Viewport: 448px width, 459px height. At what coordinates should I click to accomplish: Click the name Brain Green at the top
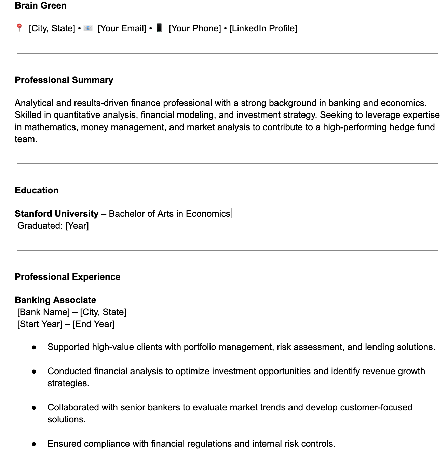(x=41, y=5)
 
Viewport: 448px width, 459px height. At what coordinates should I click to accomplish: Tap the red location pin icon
(x=19, y=28)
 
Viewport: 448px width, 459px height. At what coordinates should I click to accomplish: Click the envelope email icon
(x=88, y=28)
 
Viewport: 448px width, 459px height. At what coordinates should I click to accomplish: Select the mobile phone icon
(x=159, y=28)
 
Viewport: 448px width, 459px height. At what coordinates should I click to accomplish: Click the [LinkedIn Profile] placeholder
(x=263, y=28)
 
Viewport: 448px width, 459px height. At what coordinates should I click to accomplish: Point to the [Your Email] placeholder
(x=122, y=28)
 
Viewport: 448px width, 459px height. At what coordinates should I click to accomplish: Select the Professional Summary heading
(x=64, y=80)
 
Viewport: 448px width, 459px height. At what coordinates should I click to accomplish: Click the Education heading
(x=37, y=190)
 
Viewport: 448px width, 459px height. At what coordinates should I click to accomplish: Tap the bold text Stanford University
(x=56, y=214)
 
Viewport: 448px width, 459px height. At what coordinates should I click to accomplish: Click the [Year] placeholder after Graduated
(x=77, y=226)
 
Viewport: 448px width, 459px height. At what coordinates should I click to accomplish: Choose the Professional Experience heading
(x=67, y=277)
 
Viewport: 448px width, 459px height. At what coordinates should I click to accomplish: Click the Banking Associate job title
(x=55, y=300)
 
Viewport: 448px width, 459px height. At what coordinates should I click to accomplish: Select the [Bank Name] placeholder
(x=43, y=312)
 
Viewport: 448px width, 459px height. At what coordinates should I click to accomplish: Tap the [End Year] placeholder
(x=94, y=324)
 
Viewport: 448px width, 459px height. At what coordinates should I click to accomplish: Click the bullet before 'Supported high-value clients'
(x=34, y=347)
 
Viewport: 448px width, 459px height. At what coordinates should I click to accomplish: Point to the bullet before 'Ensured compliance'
(x=34, y=444)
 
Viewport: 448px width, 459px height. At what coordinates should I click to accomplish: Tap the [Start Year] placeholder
(x=40, y=324)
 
